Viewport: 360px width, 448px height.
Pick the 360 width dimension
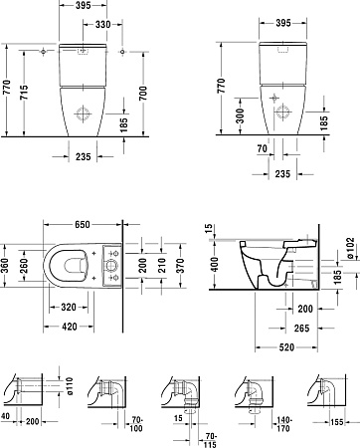(6, 261)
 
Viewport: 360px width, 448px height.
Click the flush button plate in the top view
(110, 261)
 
